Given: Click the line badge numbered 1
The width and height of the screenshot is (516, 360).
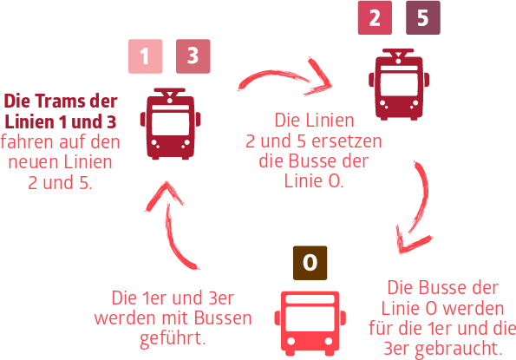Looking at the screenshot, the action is tap(145, 56).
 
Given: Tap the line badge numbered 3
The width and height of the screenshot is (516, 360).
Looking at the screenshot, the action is tap(193, 56).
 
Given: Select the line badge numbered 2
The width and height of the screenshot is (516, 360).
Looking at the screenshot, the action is tap(375, 17).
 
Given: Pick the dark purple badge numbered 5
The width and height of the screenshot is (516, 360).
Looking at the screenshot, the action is tap(423, 17).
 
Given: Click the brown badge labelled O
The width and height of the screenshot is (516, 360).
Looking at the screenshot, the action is tap(310, 263).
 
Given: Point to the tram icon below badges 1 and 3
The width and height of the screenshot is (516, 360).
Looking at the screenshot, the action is tap(170, 124).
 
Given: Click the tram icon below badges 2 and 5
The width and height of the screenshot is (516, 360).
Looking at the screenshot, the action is tap(399, 84).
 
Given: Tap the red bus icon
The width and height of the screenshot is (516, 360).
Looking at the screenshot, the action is tap(310, 324).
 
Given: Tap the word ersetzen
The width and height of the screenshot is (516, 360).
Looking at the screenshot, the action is tap(347, 141).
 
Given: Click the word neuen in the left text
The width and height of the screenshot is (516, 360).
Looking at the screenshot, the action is tap(34, 162).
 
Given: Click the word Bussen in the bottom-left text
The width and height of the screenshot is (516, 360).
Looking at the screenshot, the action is tap(223, 318).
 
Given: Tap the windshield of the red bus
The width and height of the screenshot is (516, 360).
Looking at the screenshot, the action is tap(310, 318).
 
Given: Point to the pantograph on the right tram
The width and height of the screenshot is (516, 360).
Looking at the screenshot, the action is tap(399, 55).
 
